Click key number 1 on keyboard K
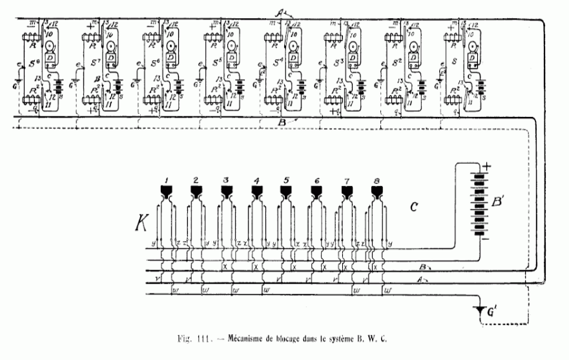tap(167, 189)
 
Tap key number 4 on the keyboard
tap(257, 189)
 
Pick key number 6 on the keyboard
tap(316, 189)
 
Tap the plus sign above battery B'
tap(487, 165)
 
